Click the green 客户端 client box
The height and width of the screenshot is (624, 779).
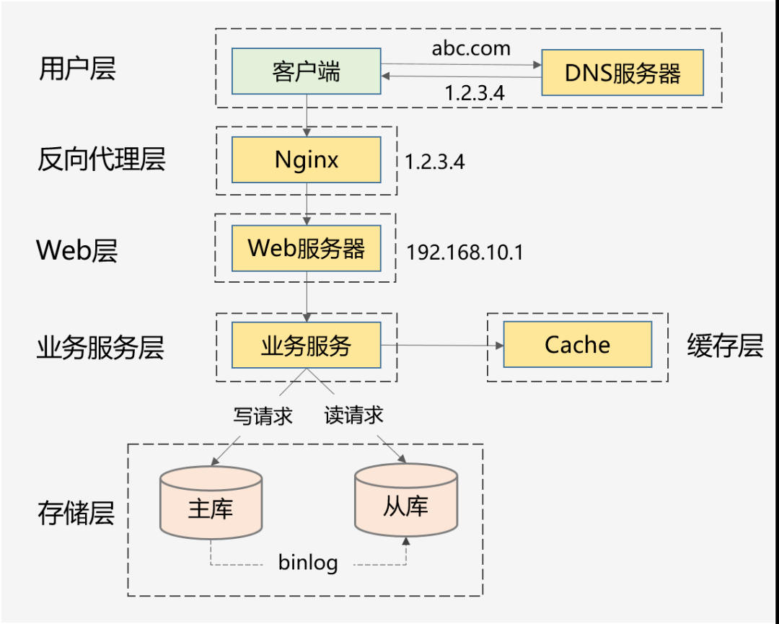(x=307, y=71)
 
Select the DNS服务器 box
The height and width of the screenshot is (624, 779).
(x=622, y=73)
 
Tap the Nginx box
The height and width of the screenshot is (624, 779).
(x=307, y=159)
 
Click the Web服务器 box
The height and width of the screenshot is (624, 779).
(x=307, y=248)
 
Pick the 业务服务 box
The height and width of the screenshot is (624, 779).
(x=307, y=345)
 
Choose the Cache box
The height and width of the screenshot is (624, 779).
(x=577, y=345)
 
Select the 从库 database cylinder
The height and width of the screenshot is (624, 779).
(x=406, y=502)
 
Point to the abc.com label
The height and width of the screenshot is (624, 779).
(x=471, y=48)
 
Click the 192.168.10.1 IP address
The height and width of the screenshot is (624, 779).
(x=465, y=252)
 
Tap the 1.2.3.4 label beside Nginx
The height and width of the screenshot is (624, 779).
(x=434, y=162)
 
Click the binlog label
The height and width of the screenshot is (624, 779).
(x=308, y=563)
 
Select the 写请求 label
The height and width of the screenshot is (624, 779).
(x=263, y=416)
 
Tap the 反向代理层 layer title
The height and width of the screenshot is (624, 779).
(x=101, y=159)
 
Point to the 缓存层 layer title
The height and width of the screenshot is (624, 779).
(x=725, y=346)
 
